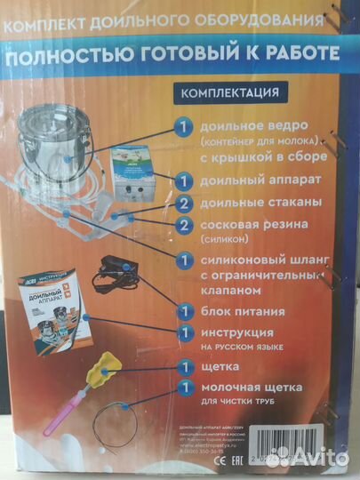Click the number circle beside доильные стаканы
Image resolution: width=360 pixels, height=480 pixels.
pyautogui.click(x=181, y=203)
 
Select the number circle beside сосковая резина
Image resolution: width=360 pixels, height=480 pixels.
pyautogui.click(x=181, y=226)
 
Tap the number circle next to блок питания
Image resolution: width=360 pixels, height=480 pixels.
pyautogui.click(x=181, y=312)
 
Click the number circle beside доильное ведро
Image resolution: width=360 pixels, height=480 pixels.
pyautogui.click(x=181, y=127)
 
